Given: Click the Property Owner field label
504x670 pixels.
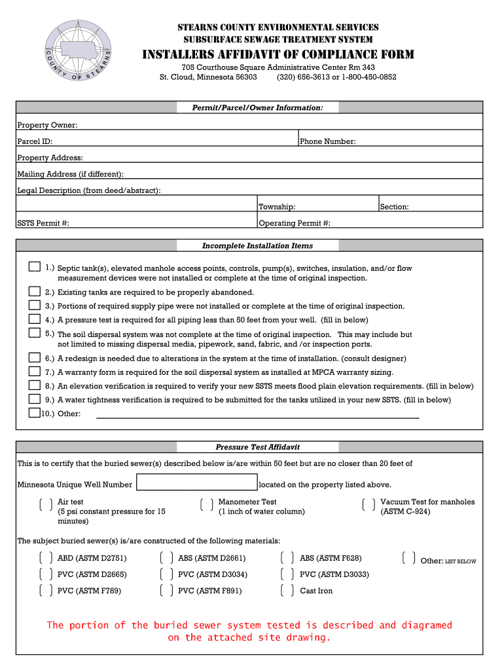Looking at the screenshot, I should (47, 125).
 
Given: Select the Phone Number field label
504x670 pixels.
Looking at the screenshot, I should (327, 141).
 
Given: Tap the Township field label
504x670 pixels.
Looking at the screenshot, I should (276, 207).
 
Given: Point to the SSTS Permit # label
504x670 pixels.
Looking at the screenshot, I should (43, 223).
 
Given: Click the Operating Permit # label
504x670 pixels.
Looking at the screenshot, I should (295, 223).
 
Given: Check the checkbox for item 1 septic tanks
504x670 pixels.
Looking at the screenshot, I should (34, 267).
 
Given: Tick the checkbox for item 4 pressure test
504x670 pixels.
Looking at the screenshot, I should (34, 319).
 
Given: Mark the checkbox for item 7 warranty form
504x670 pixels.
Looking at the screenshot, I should (34, 371).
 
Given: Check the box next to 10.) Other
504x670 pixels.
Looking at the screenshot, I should (34, 412).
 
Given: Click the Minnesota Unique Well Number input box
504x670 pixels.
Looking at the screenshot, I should (196, 484).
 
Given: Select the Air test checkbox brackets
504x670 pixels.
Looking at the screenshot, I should (46, 504).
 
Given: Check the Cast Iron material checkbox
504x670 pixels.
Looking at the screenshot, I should (287, 591).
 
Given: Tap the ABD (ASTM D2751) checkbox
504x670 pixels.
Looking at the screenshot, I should (46, 558).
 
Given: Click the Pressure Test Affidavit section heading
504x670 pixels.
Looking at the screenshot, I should (257, 448).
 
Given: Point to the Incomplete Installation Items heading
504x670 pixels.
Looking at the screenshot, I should (257, 246).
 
